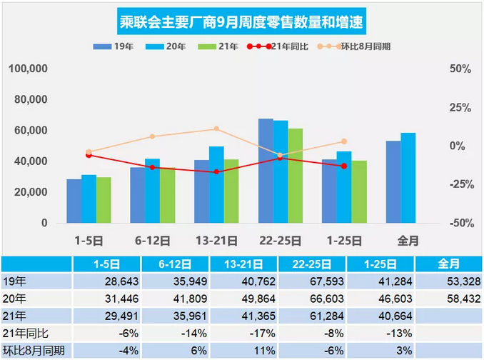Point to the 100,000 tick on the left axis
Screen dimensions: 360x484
pos(29,69)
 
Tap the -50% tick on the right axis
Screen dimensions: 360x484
pos(458,223)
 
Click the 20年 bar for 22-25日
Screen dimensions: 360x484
pos(281,171)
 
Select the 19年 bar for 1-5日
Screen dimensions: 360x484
pos(74,201)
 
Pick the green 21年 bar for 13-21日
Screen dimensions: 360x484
pos(231,191)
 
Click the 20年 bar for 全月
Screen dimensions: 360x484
pos(408,178)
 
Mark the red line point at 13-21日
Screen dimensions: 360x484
pos(216,171)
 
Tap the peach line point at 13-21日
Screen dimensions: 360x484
pos(216,129)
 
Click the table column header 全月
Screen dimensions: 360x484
pos(447,264)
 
